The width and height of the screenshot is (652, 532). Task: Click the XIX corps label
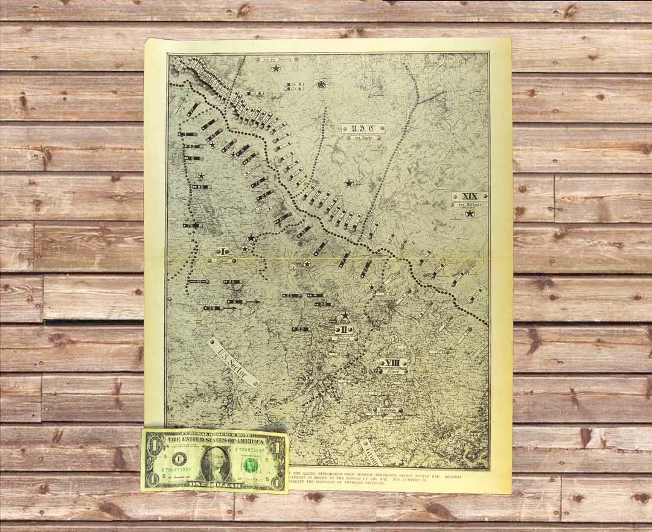[469, 196]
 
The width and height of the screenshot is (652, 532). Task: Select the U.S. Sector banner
[232, 361]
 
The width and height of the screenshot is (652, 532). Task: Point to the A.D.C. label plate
[363, 128]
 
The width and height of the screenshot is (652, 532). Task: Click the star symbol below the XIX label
[470, 213]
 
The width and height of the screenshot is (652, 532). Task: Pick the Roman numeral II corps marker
[344, 329]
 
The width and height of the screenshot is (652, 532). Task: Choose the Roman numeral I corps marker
[222, 251]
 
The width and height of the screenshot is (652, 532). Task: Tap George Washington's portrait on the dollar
[216, 463]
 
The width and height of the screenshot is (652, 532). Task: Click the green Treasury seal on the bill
[250, 464]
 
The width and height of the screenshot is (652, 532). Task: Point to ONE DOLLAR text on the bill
[215, 484]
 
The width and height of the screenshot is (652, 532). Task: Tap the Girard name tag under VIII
[394, 372]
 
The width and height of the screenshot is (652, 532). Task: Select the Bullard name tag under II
[344, 338]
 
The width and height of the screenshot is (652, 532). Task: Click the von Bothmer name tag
[469, 204]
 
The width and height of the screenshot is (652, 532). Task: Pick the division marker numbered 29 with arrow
[212, 308]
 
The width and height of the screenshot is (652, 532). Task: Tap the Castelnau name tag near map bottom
[387, 410]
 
